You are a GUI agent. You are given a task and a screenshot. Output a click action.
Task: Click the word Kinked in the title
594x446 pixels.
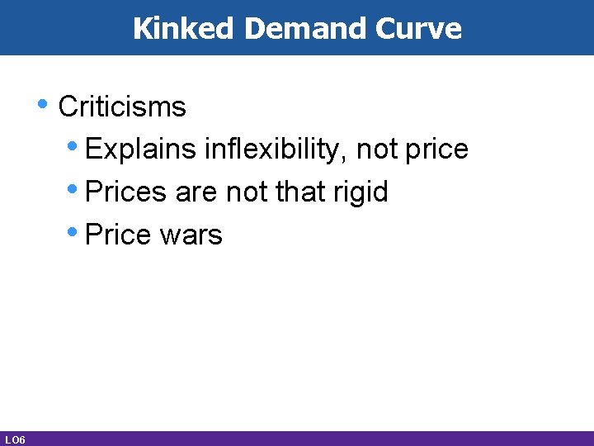coord(185,28)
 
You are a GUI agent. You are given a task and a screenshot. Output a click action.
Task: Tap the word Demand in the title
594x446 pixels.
coord(306,28)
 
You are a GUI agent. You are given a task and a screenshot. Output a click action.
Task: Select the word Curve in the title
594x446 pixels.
coord(418,28)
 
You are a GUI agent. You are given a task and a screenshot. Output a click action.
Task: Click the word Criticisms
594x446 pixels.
coord(123,107)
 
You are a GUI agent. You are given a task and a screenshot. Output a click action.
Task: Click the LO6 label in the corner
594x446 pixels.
coord(14,439)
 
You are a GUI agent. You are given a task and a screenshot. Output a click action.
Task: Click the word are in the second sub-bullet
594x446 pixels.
coord(196,192)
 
